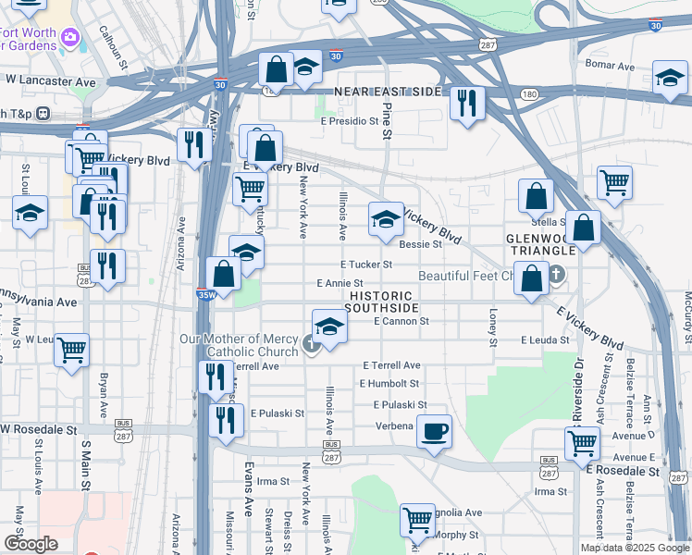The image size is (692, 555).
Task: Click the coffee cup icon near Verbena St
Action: point(433,430)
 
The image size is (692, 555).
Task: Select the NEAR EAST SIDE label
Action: point(389,92)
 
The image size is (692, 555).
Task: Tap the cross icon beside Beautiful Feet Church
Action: point(556,275)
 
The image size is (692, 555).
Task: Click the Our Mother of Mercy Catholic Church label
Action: point(250,345)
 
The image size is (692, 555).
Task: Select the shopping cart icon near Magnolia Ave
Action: point(417,519)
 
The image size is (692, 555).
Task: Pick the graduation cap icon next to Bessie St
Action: point(386,219)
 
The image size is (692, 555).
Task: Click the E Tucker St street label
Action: point(367,265)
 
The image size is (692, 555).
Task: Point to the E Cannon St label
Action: point(402,322)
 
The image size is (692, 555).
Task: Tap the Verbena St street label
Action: point(393,426)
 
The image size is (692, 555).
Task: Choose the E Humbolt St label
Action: point(389,383)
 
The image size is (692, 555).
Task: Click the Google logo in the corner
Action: point(31,543)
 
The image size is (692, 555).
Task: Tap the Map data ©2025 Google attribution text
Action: point(634,548)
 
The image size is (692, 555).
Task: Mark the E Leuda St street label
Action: point(545,340)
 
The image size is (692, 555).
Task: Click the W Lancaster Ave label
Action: point(51,81)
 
